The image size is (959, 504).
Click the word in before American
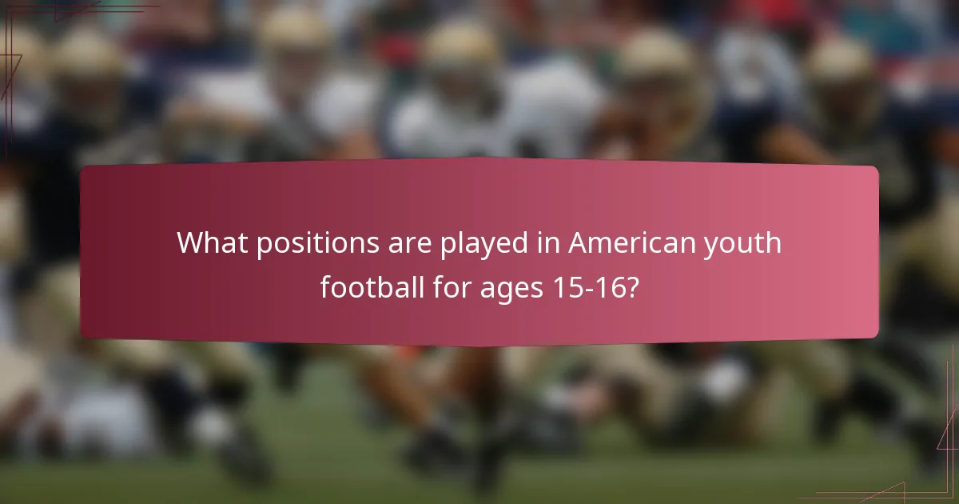click(548, 242)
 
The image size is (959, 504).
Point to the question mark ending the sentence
click(632, 286)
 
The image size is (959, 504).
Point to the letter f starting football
click(326, 286)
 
